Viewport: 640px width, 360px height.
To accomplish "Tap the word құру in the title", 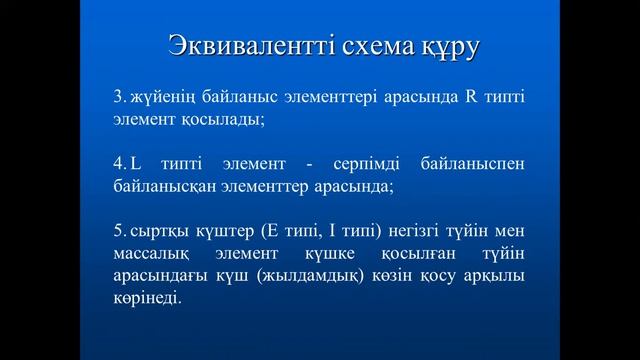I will pos(449,47).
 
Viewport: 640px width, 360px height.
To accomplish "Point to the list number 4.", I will pos(117,164).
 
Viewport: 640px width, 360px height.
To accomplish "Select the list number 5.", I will pos(117,231).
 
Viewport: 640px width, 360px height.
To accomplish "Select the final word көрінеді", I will pos(148,298).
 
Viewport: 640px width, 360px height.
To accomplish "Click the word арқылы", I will pos(494,276).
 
